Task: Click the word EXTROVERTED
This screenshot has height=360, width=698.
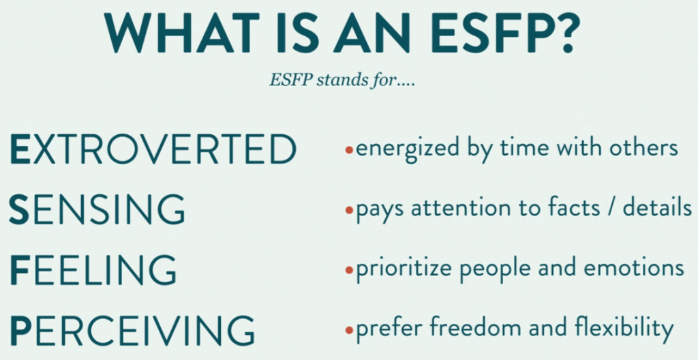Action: [153, 149]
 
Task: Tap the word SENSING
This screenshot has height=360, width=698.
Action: [97, 209]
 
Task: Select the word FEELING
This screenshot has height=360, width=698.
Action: [93, 269]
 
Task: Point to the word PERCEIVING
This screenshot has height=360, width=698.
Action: [132, 330]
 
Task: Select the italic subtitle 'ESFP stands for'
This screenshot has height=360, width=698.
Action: [342, 81]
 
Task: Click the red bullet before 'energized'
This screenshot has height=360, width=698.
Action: [349, 151]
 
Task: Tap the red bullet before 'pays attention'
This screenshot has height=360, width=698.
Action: [349, 210]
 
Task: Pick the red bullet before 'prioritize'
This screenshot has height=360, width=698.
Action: [349, 270]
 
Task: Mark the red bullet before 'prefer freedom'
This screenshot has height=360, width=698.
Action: [349, 330]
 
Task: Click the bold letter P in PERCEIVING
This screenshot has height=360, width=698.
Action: [18, 330]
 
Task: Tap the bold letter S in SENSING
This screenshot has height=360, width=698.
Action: [18, 209]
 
